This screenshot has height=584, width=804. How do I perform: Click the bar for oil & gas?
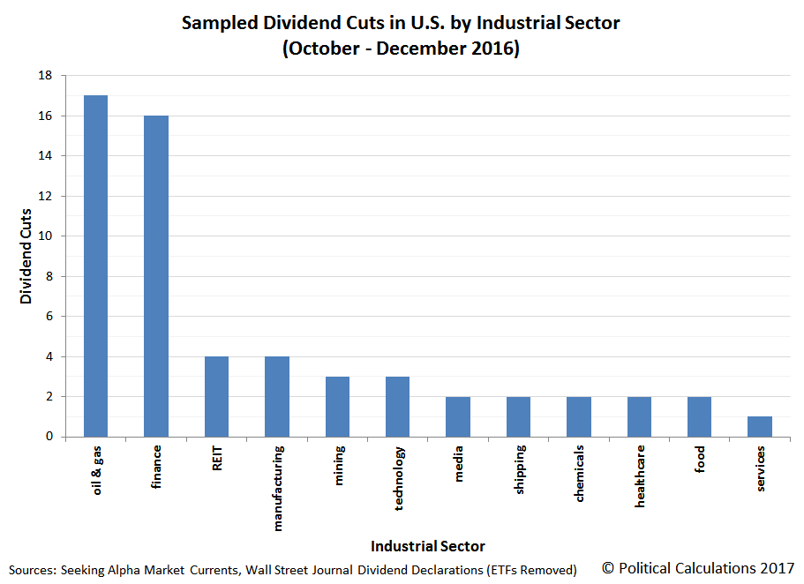(95, 266)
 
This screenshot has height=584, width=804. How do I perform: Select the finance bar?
(156, 276)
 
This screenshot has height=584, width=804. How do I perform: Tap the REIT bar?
(216, 396)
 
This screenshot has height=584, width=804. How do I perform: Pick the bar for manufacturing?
(277, 396)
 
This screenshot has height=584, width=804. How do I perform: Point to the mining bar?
(337, 407)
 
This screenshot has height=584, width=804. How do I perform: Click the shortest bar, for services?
(759, 426)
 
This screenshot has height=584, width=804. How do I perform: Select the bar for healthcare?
(639, 416)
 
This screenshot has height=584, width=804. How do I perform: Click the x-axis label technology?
(399, 477)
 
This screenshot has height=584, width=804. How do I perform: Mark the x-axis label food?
(700, 460)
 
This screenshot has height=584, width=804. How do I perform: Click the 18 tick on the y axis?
(45, 76)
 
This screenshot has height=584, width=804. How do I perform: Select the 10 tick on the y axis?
(45, 236)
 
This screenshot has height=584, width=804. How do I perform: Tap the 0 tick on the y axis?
(49, 437)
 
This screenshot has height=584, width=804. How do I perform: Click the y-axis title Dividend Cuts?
(26, 257)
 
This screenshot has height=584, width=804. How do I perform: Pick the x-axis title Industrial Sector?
(427, 546)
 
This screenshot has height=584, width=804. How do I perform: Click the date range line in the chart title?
(401, 49)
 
